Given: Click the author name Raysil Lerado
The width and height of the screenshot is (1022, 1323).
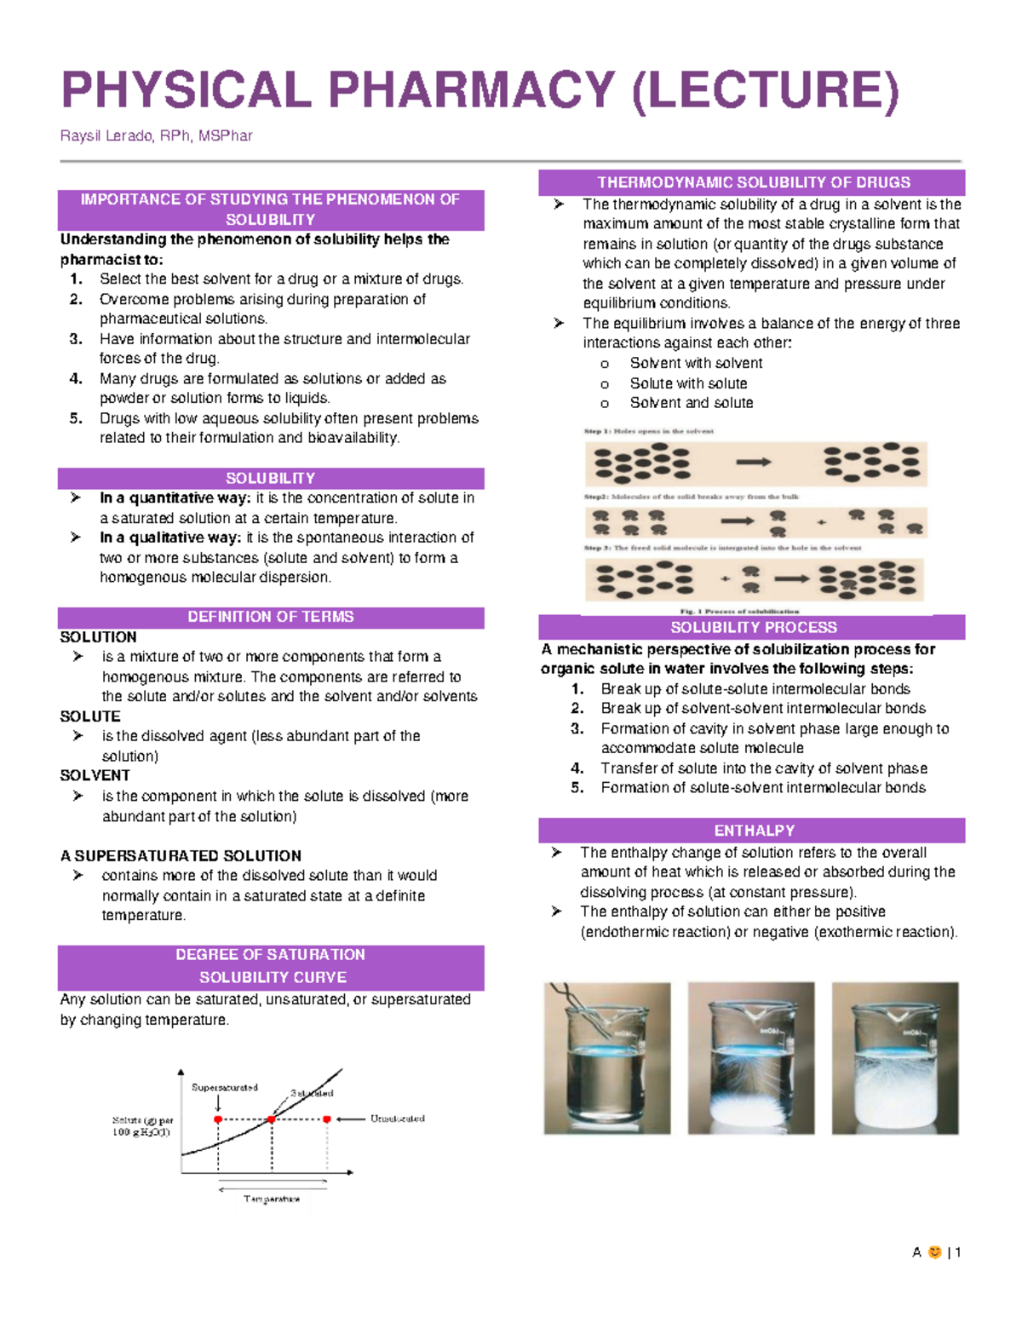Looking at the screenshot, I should click(x=106, y=136).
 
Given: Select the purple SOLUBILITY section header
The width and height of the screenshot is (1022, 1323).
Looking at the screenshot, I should click(x=270, y=478).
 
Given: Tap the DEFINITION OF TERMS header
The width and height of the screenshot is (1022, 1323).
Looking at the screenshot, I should click(x=270, y=617).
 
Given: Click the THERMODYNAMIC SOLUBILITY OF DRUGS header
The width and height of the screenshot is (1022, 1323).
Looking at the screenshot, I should click(x=753, y=182).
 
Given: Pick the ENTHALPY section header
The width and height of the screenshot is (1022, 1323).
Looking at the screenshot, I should click(x=753, y=831).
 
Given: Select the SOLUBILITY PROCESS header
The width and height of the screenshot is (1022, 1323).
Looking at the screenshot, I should click(x=753, y=628).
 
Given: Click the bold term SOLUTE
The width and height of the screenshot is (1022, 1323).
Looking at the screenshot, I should click(x=90, y=716).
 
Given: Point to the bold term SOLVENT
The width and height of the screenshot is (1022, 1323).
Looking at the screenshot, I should click(x=95, y=775).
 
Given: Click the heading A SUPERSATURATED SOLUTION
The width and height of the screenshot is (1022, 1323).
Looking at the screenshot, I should click(x=181, y=855).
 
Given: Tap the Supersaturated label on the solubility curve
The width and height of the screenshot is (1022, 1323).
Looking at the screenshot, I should click(x=224, y=1088).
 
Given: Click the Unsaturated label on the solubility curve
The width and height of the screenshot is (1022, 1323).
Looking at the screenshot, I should click(x=397, y=1119).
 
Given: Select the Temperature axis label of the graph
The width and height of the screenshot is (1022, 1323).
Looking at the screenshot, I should click(x=272, y=1199).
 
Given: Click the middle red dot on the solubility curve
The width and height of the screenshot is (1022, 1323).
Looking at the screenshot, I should click(x=272, y=1119).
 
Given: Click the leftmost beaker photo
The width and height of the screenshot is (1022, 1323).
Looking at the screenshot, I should click(x=606, y=1058).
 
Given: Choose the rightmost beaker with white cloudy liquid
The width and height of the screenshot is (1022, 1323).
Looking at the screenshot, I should click(x=895, y=1058).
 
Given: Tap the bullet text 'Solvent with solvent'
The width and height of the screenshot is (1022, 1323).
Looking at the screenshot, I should click(x=696, y=363).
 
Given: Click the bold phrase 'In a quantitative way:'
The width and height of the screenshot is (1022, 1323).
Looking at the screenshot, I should click(x=175, y=498).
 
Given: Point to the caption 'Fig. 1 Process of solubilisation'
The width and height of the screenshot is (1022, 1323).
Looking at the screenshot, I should click(x=739, y=611).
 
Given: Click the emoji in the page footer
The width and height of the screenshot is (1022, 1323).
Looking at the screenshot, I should click(x=934, y=1252).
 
